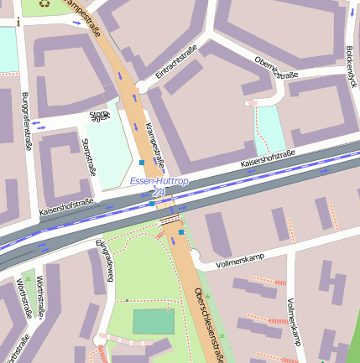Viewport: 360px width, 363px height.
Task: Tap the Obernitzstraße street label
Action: (x=276, y=68)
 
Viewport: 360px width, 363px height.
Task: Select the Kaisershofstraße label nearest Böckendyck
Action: (x=268, y=158)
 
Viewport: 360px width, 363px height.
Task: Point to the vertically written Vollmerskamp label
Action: (x=293, y=323)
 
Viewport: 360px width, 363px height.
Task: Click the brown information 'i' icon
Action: (x=18, y=23)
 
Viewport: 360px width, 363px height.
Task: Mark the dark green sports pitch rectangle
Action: (x=153, y=322)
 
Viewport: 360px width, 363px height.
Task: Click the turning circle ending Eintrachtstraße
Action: (x=142, y=86)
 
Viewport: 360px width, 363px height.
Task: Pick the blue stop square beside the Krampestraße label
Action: (x=142, y=162)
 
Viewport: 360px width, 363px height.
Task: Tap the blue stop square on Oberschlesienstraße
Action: (x=181, y=232)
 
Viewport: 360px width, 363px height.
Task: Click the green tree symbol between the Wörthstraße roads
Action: (x=28, y=277)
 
